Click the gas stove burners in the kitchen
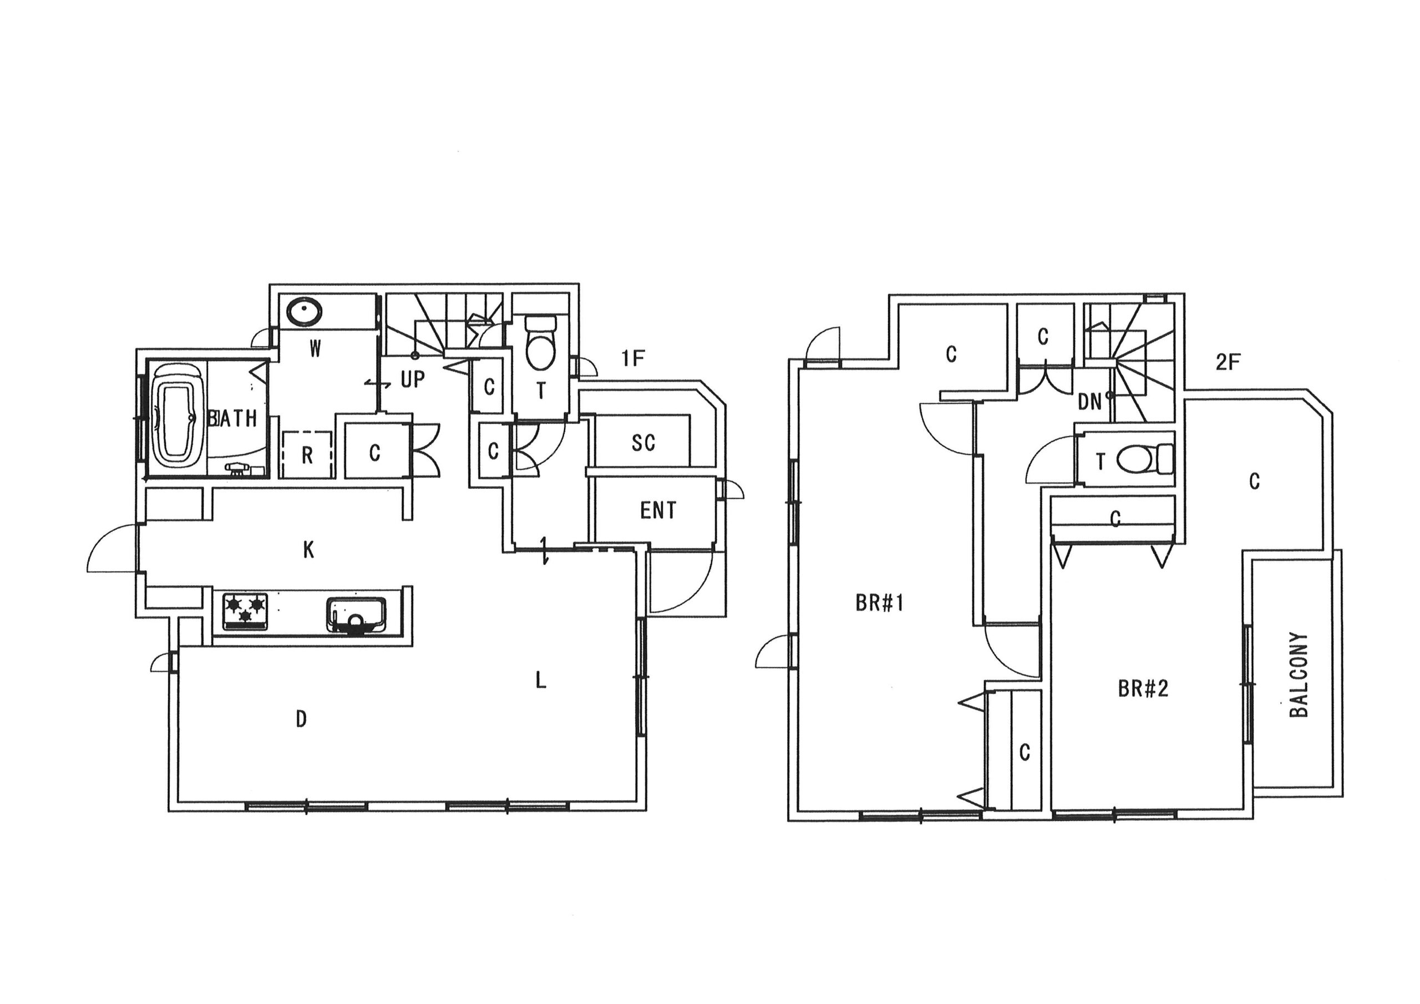click(246, 611)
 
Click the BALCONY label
click(1299, 675)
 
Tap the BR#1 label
click(880, 603)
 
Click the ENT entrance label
click(658, 510)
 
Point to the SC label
click(643, 443)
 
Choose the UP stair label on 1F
click(413, 379)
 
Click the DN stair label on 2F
click(1090, 402)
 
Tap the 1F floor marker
click(633, 358)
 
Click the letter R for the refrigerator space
click(307, 456)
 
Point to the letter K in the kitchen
click(308, 549)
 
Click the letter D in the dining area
click(301, 719)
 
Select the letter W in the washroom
click(315, 349)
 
